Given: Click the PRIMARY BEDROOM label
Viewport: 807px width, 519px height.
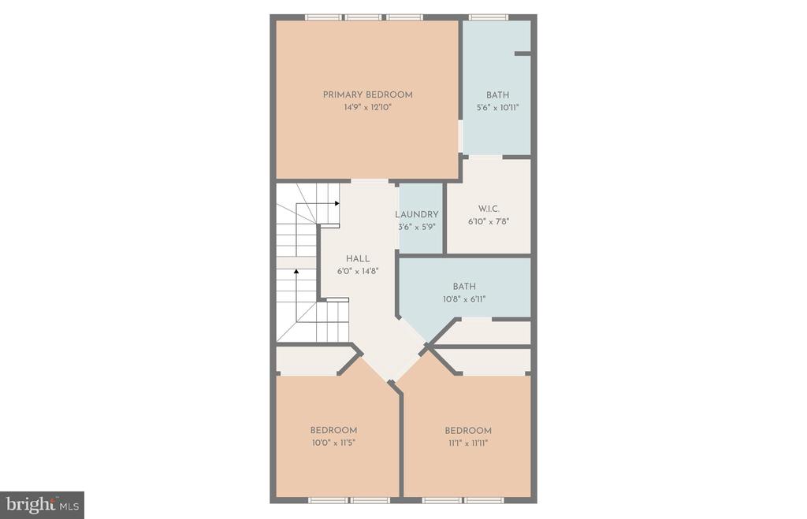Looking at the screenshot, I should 367,95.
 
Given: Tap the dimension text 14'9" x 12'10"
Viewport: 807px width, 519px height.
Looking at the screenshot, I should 367,107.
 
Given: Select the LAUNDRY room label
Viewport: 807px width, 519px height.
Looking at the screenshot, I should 416,214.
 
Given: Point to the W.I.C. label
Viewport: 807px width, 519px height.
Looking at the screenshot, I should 489,209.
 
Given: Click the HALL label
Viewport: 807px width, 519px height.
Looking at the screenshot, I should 357,259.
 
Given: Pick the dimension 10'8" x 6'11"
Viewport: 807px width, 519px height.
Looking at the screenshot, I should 463,299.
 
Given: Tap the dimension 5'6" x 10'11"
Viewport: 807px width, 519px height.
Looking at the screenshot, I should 497,108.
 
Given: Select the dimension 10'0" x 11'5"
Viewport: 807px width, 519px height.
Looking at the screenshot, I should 333,443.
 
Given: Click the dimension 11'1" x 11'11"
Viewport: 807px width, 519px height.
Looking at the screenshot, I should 468,443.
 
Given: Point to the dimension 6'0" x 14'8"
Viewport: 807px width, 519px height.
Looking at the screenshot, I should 357,272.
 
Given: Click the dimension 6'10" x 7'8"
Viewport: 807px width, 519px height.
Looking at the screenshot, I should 489,221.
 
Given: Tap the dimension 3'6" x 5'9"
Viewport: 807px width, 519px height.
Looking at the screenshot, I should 416,227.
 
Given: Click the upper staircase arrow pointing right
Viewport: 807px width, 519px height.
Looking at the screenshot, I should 337,202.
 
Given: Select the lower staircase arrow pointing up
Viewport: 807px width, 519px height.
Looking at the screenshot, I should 296,272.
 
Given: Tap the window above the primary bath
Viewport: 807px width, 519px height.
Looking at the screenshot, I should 489,17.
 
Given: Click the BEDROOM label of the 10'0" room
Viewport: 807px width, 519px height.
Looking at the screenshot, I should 333,430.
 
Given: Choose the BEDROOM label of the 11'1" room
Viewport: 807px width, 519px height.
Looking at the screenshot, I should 468,430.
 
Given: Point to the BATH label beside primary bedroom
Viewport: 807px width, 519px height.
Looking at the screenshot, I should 497,95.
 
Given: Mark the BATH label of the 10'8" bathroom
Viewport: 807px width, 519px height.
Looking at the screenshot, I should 463,287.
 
